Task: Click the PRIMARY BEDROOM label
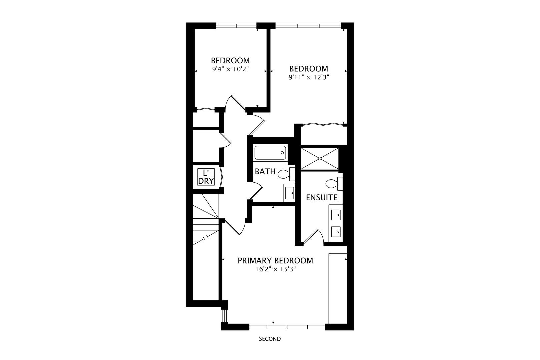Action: [275, 260]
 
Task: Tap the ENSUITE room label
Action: [321, 197]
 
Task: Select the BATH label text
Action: [265, 172]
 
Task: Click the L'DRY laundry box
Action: [205, 177]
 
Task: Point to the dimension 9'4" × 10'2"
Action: [230, 69]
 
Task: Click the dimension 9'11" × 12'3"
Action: [308, 77]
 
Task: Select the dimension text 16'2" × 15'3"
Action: [275, 269]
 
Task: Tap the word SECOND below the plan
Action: [270, 339]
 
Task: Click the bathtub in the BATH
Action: [270, 153]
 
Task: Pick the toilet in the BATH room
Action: [285, 174]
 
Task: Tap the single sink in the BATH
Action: [289, 193]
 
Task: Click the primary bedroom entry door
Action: [235, 227]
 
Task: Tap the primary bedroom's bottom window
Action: [287, 327]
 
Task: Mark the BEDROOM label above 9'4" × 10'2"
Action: [230, 61]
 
